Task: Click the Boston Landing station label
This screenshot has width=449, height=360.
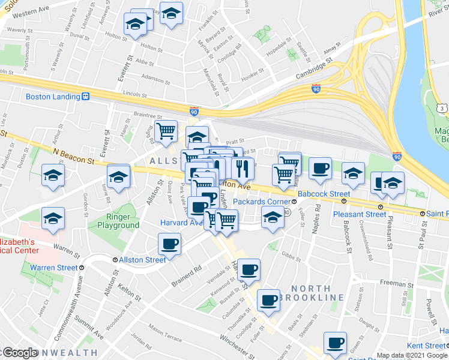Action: point(53,97)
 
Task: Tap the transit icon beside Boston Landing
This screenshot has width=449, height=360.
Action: point(86,97)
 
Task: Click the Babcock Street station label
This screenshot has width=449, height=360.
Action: point(324,194)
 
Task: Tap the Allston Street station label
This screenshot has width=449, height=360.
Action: point(143,260)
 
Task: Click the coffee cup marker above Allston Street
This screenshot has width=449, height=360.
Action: point(169,244)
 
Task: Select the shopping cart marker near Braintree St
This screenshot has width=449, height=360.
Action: point(166,130)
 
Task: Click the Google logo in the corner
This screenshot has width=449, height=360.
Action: point(19,353)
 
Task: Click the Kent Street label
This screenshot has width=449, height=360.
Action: point(426,346)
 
